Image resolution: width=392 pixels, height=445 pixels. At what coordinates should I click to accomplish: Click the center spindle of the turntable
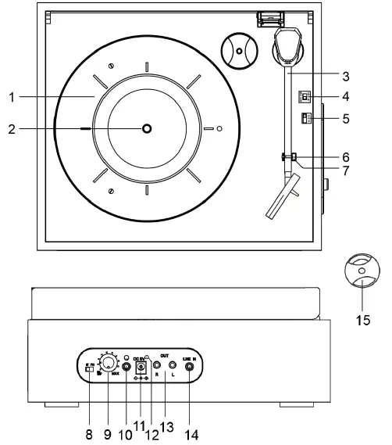pyautogui.click(x=147, y=128)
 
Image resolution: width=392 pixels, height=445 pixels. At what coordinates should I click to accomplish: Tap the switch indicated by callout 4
pyautogui.click(x=306, y=97)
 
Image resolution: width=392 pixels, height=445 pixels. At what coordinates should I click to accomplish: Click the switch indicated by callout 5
pyautogui.click(x=306, y=119)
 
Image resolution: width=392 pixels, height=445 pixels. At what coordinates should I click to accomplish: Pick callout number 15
pyautogui.click(x=361, y=319)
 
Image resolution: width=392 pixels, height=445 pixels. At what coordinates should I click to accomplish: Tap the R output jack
pyautogui.click(x=158, y=364)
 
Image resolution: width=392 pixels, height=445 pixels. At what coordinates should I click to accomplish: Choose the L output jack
pyautogui.click(x=172, y=364)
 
